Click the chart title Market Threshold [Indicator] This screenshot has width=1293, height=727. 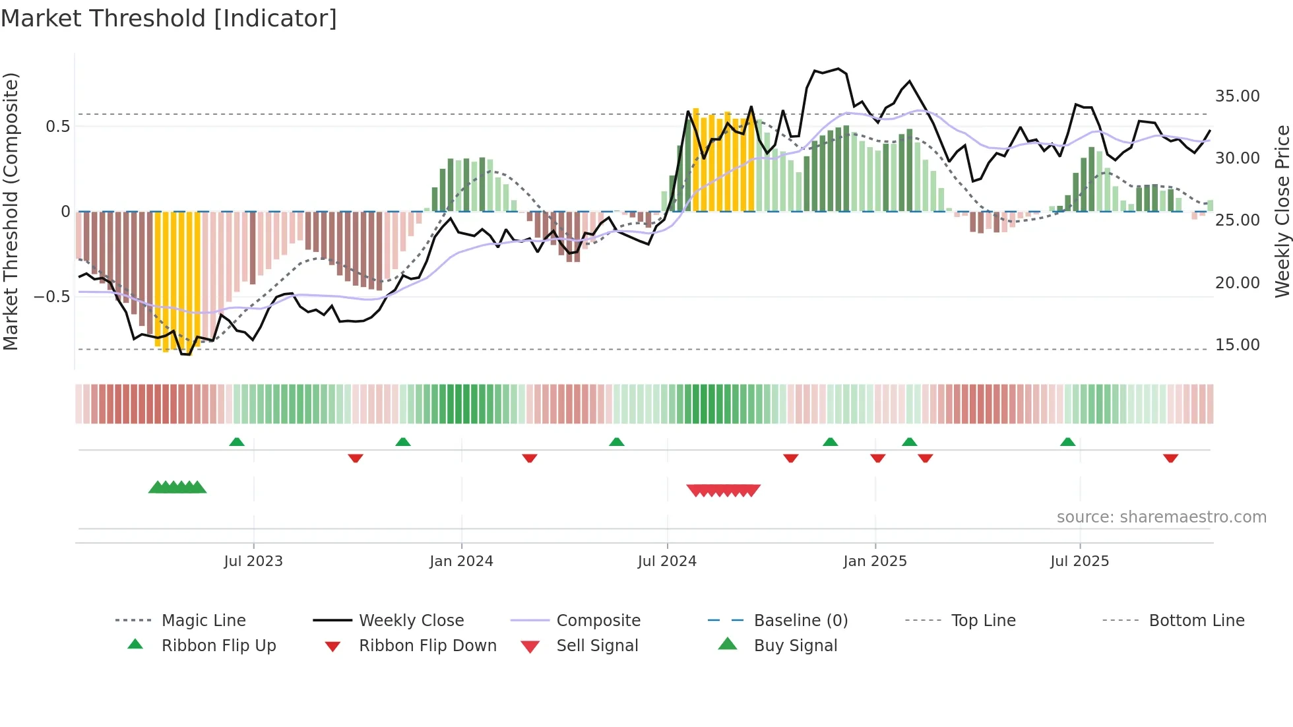169,18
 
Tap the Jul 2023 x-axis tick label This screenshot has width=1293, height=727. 253,561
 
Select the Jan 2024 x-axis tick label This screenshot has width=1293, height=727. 461,561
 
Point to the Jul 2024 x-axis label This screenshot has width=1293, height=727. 667,561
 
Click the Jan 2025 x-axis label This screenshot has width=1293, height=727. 875,561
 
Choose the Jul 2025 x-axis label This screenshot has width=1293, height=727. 1080,561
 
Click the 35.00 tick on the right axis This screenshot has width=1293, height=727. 1237,96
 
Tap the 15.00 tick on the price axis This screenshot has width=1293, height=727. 1237,345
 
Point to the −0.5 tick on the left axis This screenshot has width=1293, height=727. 51,297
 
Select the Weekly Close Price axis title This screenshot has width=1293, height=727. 1282,211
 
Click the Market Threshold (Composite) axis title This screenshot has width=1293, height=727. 11,211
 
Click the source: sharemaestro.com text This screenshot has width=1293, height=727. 1161,517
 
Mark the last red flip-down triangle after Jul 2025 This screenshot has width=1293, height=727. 1171,458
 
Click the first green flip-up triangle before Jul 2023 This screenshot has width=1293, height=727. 237,442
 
